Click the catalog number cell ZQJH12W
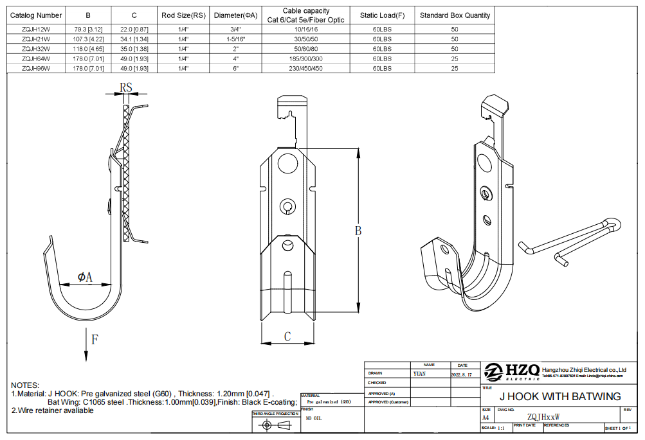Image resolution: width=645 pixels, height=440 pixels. (36, 30)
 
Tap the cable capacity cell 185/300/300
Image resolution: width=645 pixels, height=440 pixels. (305, 58)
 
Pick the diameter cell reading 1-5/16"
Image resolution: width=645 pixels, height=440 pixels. (236, 39)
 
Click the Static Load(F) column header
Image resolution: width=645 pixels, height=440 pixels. (382, 15)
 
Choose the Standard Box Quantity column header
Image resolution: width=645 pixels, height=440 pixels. (455, 15)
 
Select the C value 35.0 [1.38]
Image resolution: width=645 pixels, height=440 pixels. (134, 49)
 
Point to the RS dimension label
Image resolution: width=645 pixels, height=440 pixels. (127, 87)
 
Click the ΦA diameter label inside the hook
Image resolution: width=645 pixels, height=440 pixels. (85, 277)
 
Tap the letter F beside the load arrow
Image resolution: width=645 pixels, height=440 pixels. (95, 340)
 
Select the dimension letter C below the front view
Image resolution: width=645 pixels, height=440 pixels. (287, 336)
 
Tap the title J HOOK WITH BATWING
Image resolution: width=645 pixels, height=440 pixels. (560, 396)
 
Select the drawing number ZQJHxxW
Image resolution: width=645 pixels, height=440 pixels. (543, 417)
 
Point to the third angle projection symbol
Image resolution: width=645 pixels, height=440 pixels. (275, 426)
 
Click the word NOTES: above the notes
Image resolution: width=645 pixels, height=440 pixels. (25, 384)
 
